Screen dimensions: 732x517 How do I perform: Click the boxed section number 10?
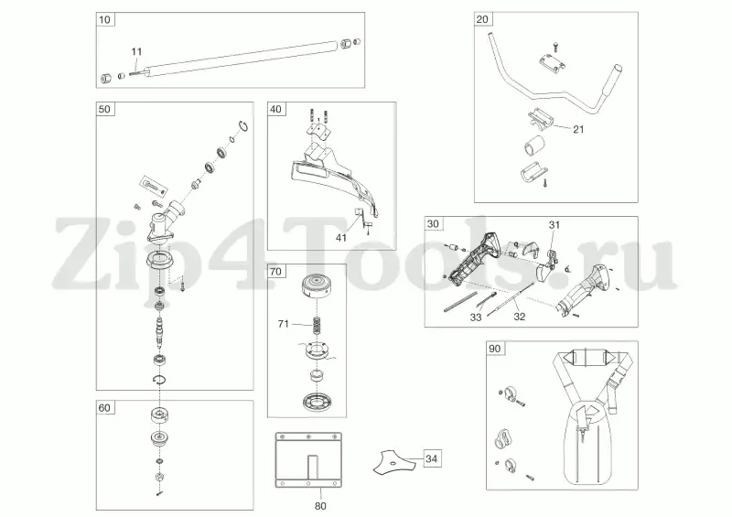pos(105,19)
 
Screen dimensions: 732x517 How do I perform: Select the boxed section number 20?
pos(482,19)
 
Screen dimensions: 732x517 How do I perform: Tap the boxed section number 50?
pos(104,109)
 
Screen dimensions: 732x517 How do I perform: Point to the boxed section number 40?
pos(276,109)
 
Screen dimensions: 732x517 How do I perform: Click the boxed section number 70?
pos(276,272)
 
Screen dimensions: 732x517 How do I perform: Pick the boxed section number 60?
pos(104,408)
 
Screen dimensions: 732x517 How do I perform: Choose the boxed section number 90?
pos(494,349)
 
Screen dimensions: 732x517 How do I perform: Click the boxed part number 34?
pos(431,459)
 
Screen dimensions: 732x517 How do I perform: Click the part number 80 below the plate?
pos(321,506)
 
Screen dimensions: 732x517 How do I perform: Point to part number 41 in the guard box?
pos(341,238)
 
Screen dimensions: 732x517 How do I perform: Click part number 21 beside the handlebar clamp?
pos(578,130)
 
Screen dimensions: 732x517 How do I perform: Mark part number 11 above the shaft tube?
pos(136,52)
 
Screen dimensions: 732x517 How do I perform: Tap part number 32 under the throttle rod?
pos(520,317)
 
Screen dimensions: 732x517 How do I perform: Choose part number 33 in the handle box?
pos(476,318)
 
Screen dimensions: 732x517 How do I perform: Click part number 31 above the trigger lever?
pos(554,225)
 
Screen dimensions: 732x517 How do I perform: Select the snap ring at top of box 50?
pos(242,126)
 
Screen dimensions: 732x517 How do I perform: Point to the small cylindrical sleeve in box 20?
pos(535,145)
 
